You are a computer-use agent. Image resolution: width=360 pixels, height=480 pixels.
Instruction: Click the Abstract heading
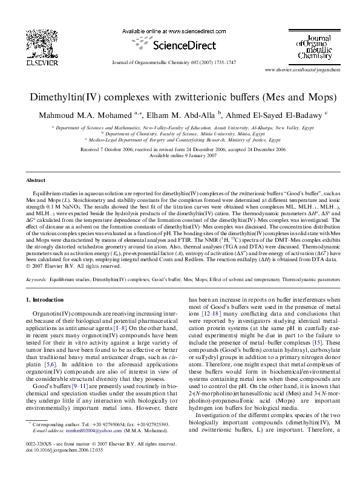point(35,181)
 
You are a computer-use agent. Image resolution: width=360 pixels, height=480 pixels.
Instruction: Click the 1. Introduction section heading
point(46,300)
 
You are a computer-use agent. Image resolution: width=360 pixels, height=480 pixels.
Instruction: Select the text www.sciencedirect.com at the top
point(188,30)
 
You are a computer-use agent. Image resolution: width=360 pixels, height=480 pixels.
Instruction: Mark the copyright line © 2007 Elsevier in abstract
point(67,265)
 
